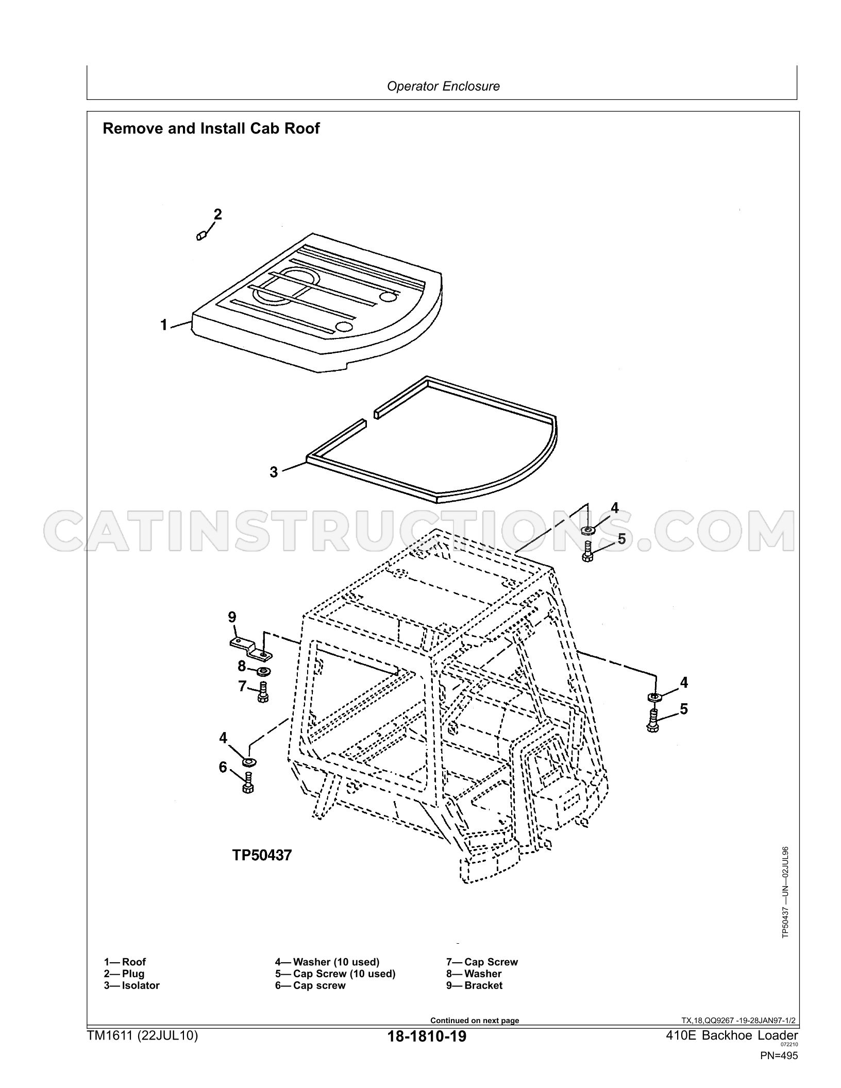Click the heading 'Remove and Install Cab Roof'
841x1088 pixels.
[x=211, y=128]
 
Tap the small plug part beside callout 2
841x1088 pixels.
[x=202, y=236]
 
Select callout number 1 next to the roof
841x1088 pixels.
[x=164, y=325]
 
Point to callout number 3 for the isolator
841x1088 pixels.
[x=274, y=471]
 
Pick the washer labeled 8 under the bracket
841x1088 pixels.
[x=264, y=671]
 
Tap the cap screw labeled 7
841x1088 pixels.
[x=263, y=691]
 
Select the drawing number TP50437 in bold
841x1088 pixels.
[x=262, y=855]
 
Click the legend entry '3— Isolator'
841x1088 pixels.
[x=132, y=985]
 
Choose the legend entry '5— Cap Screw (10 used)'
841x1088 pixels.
[x=335, y=974]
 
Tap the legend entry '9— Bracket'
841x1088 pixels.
[x=474, y=985]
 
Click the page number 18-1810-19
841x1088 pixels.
[x=427, y=1036]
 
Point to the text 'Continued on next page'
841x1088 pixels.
[x=475, y=1021]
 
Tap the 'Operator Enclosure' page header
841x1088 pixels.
[x=443, y=86]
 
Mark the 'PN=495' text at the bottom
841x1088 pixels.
[x=779, y=1056]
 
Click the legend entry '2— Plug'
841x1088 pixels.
[x=124, y=974]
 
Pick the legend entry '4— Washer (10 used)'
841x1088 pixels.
[x=327, y=962]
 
